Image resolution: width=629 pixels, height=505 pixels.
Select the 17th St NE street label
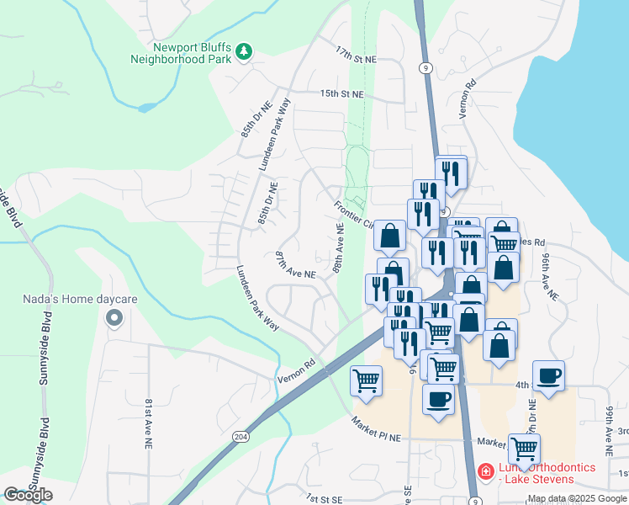click(355, 52)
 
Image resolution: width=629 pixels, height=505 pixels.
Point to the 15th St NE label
click(341, 94)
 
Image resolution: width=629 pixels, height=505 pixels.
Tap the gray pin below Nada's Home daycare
click(114, 318)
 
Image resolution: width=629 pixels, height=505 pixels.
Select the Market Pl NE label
click(378, 428)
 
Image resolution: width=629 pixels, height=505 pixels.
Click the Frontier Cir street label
click(353, 215)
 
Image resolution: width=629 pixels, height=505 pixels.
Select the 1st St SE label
click(324, 498)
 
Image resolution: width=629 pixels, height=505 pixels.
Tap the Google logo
click(29, 495)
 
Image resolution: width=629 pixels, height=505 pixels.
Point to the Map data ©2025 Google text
click(578, 499)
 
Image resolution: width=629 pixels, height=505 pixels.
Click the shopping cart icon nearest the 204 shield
click(367, 380)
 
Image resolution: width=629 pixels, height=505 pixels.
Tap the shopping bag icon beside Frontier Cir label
click(390, 237)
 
